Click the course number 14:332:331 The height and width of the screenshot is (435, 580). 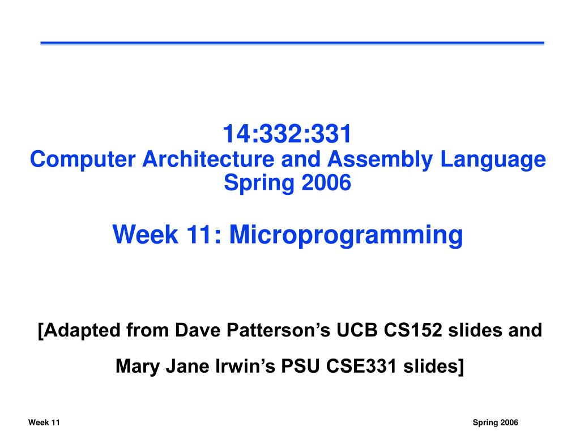287,135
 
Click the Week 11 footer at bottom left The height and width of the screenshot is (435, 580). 44,423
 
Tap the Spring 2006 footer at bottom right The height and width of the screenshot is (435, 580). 496,423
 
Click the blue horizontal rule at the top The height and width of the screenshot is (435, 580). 292,43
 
